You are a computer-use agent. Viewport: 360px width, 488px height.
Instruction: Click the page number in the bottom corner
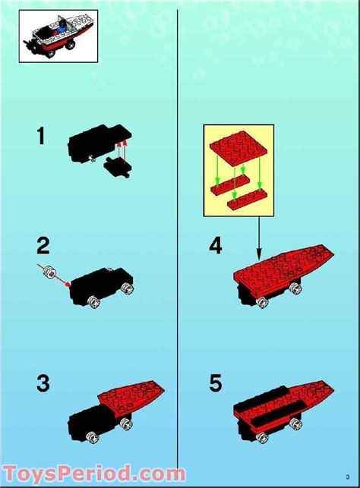(x=347, y=476)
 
